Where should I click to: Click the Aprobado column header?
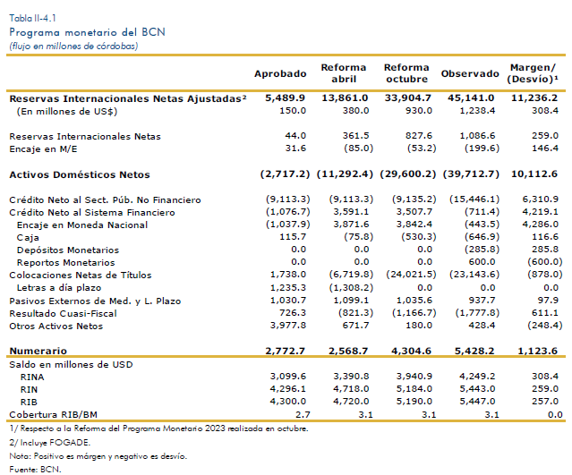[280, 73]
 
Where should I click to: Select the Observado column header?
[470, 73]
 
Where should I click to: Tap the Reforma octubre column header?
[406, 73]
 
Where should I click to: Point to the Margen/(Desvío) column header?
[533, 73]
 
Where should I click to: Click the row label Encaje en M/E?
[43, 149]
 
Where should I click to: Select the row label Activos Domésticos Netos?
[80, 174]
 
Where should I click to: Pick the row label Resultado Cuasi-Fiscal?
[64, 313]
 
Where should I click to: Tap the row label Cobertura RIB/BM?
[53, 414]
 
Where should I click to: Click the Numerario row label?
[38, 351]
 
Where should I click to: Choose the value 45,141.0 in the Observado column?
[471, 98]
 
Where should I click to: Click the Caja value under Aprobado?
[293, 237]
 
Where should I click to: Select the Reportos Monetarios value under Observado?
[482, 262]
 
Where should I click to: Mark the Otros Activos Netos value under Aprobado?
[288, 326]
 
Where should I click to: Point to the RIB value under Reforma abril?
[351, 402]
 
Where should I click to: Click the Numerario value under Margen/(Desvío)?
[538, 351]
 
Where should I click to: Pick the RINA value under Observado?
[477, 377]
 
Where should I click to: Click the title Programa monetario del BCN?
[87, 32]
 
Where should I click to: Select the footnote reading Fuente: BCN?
[35, 469]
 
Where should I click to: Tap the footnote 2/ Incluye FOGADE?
[49, 443]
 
